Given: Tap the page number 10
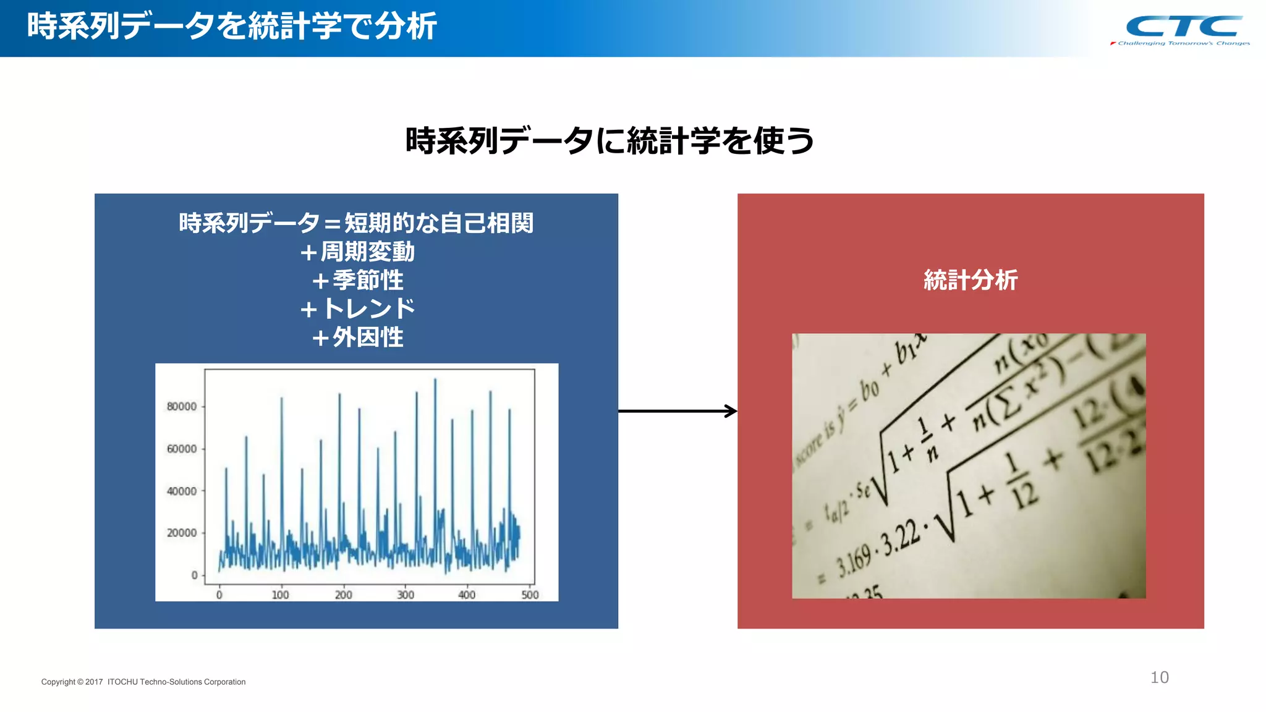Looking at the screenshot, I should tap(1159, 677).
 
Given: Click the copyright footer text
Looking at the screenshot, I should tap(143, 682).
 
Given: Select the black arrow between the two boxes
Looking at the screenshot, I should tap(678, 411).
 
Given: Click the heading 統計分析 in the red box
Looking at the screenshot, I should tap(970, 280).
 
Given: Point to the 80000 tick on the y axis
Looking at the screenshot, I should tap(182, 407).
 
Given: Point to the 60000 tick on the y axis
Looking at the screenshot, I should tap(182, 449).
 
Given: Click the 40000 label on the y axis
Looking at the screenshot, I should tap(182, 491).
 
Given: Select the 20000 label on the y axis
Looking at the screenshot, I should tap(182, 533).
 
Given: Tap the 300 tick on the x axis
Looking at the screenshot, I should tap(406, 595).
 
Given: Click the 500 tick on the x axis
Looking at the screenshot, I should tap(530, 595).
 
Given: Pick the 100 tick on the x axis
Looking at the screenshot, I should tap(281, 595).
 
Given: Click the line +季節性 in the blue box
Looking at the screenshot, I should tap(357, 281).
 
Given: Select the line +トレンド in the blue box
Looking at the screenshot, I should tap(357, 308).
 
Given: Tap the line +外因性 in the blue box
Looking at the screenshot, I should tap(357, 337).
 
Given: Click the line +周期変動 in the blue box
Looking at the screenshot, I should tap(357, 252).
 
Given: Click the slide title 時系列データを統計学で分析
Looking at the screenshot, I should tap(232, 27).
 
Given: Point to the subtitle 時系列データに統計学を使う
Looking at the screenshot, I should tap(610, 141).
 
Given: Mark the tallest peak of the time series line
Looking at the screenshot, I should tap(435, 380).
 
